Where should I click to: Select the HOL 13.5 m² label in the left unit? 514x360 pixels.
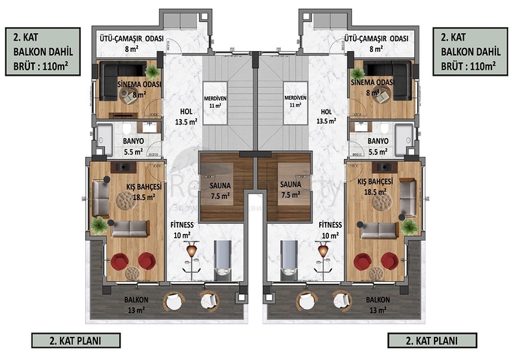(x=184, y=113)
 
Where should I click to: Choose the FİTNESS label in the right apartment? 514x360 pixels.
(x=330, y=225)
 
